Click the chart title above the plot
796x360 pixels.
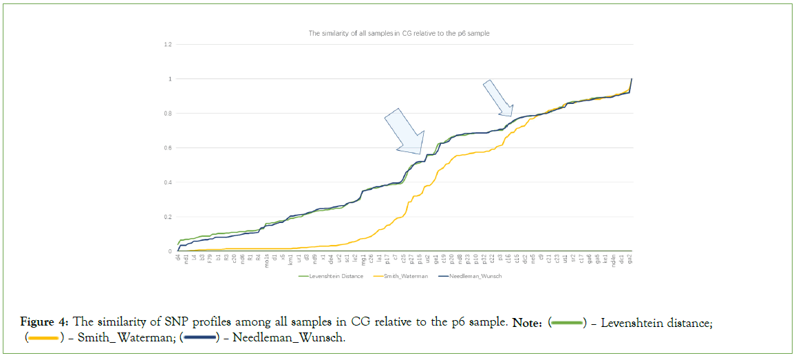click(x=398, y=32)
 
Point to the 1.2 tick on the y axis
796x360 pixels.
click(x=167, y=45)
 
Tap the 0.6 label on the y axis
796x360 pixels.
click(x=167, y=148)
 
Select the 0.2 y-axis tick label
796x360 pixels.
click(x=167, y=217)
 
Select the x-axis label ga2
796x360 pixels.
click(x=631, y=259)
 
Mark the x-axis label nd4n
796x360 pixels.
click(x=614, y=261)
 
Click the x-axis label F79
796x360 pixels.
click(x=210, y=260)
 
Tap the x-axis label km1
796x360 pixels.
click(x=290, y=260)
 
